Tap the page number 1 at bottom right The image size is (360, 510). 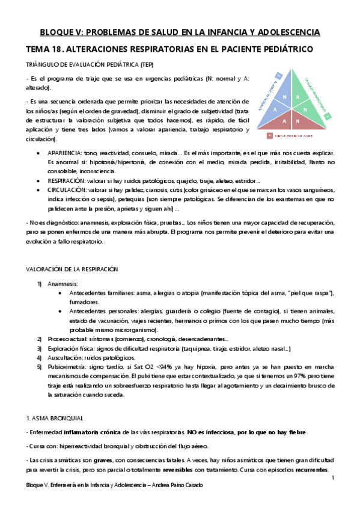[332, 478]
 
